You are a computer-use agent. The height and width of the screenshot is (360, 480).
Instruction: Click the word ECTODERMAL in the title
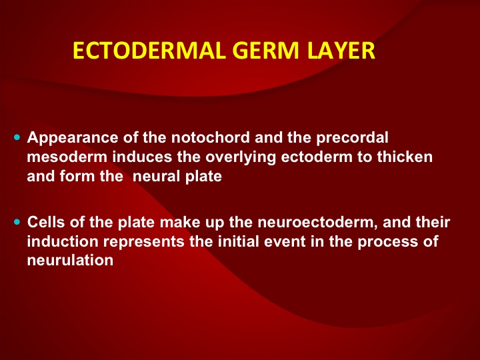149,51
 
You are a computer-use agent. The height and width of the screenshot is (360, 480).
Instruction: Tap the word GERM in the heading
265,51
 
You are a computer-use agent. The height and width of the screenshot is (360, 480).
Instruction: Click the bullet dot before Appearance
17,137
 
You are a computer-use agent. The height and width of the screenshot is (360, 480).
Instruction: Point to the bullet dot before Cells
17,221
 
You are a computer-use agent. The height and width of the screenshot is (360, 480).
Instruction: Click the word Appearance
73,138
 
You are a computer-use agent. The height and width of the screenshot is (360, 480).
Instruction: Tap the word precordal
352,138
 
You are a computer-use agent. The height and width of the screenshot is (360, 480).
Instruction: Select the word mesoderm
67,157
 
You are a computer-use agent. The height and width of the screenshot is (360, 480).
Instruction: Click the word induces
143,157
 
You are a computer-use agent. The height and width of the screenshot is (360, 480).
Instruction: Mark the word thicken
405,157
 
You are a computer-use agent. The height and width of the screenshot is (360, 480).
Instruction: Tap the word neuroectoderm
317,223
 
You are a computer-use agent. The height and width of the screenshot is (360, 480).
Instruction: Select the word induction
63,241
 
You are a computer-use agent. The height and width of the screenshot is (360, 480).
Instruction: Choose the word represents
144,242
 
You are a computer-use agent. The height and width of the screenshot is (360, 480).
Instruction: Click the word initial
239,241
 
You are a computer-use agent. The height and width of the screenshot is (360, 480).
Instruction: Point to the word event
285,242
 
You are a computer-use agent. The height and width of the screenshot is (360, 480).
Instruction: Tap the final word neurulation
70,260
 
